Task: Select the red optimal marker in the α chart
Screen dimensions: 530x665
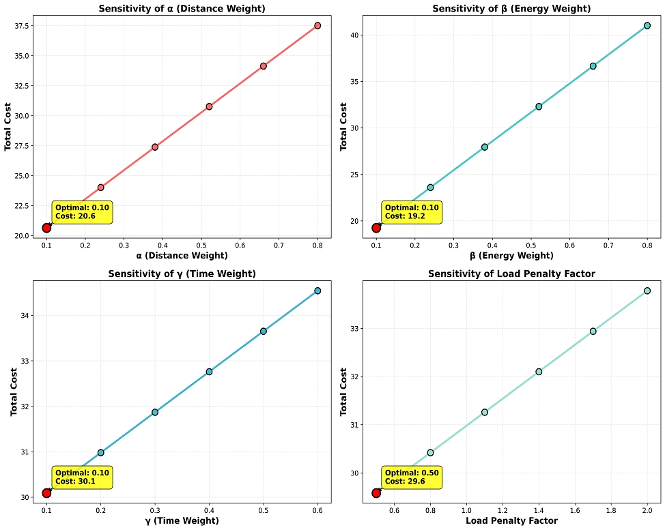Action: point(46,228)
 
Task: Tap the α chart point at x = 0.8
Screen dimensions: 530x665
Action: point(317,25)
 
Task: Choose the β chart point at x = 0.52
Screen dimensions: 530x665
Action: point(539,106)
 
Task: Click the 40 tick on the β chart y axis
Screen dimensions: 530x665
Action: point(365,35)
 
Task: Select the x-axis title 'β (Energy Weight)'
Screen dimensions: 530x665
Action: point(511,256)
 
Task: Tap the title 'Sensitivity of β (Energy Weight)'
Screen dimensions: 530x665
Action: point(511,9)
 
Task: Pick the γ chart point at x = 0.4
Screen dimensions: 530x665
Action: point(209,372)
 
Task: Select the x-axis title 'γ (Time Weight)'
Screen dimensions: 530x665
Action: point(182,520)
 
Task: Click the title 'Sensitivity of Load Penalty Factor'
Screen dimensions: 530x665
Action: point(511,274)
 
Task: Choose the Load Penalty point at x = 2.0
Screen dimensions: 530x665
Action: point(647,291)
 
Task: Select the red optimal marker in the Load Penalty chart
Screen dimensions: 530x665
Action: point(376,492)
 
